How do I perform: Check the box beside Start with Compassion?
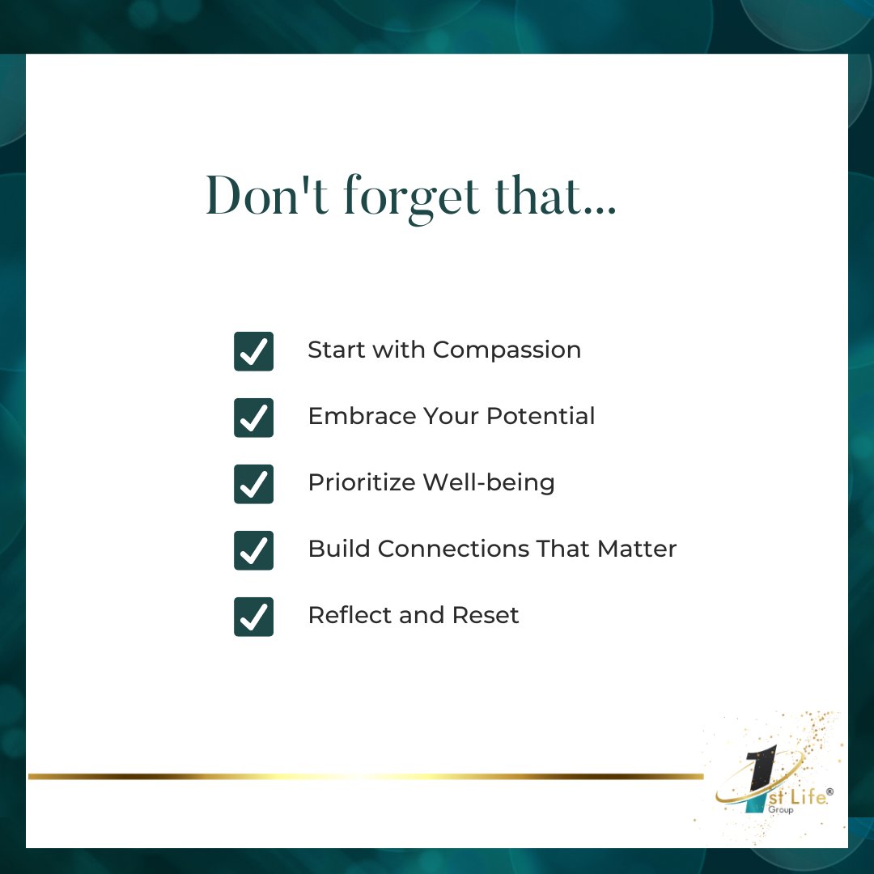(x=253, y=351)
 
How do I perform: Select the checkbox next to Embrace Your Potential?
(x=253, y=418)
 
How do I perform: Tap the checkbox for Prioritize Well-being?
(x=253, y=484)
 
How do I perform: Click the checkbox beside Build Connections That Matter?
(x=253, y=550)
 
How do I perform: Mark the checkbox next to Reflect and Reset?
(x=253, y=617)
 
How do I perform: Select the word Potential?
(x=540, y=416)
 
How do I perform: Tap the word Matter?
(x=637, y=549)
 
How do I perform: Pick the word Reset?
(x=486, y=615)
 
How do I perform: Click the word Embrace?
(x=358, y=416)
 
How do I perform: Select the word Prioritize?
(x=361, y=483)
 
